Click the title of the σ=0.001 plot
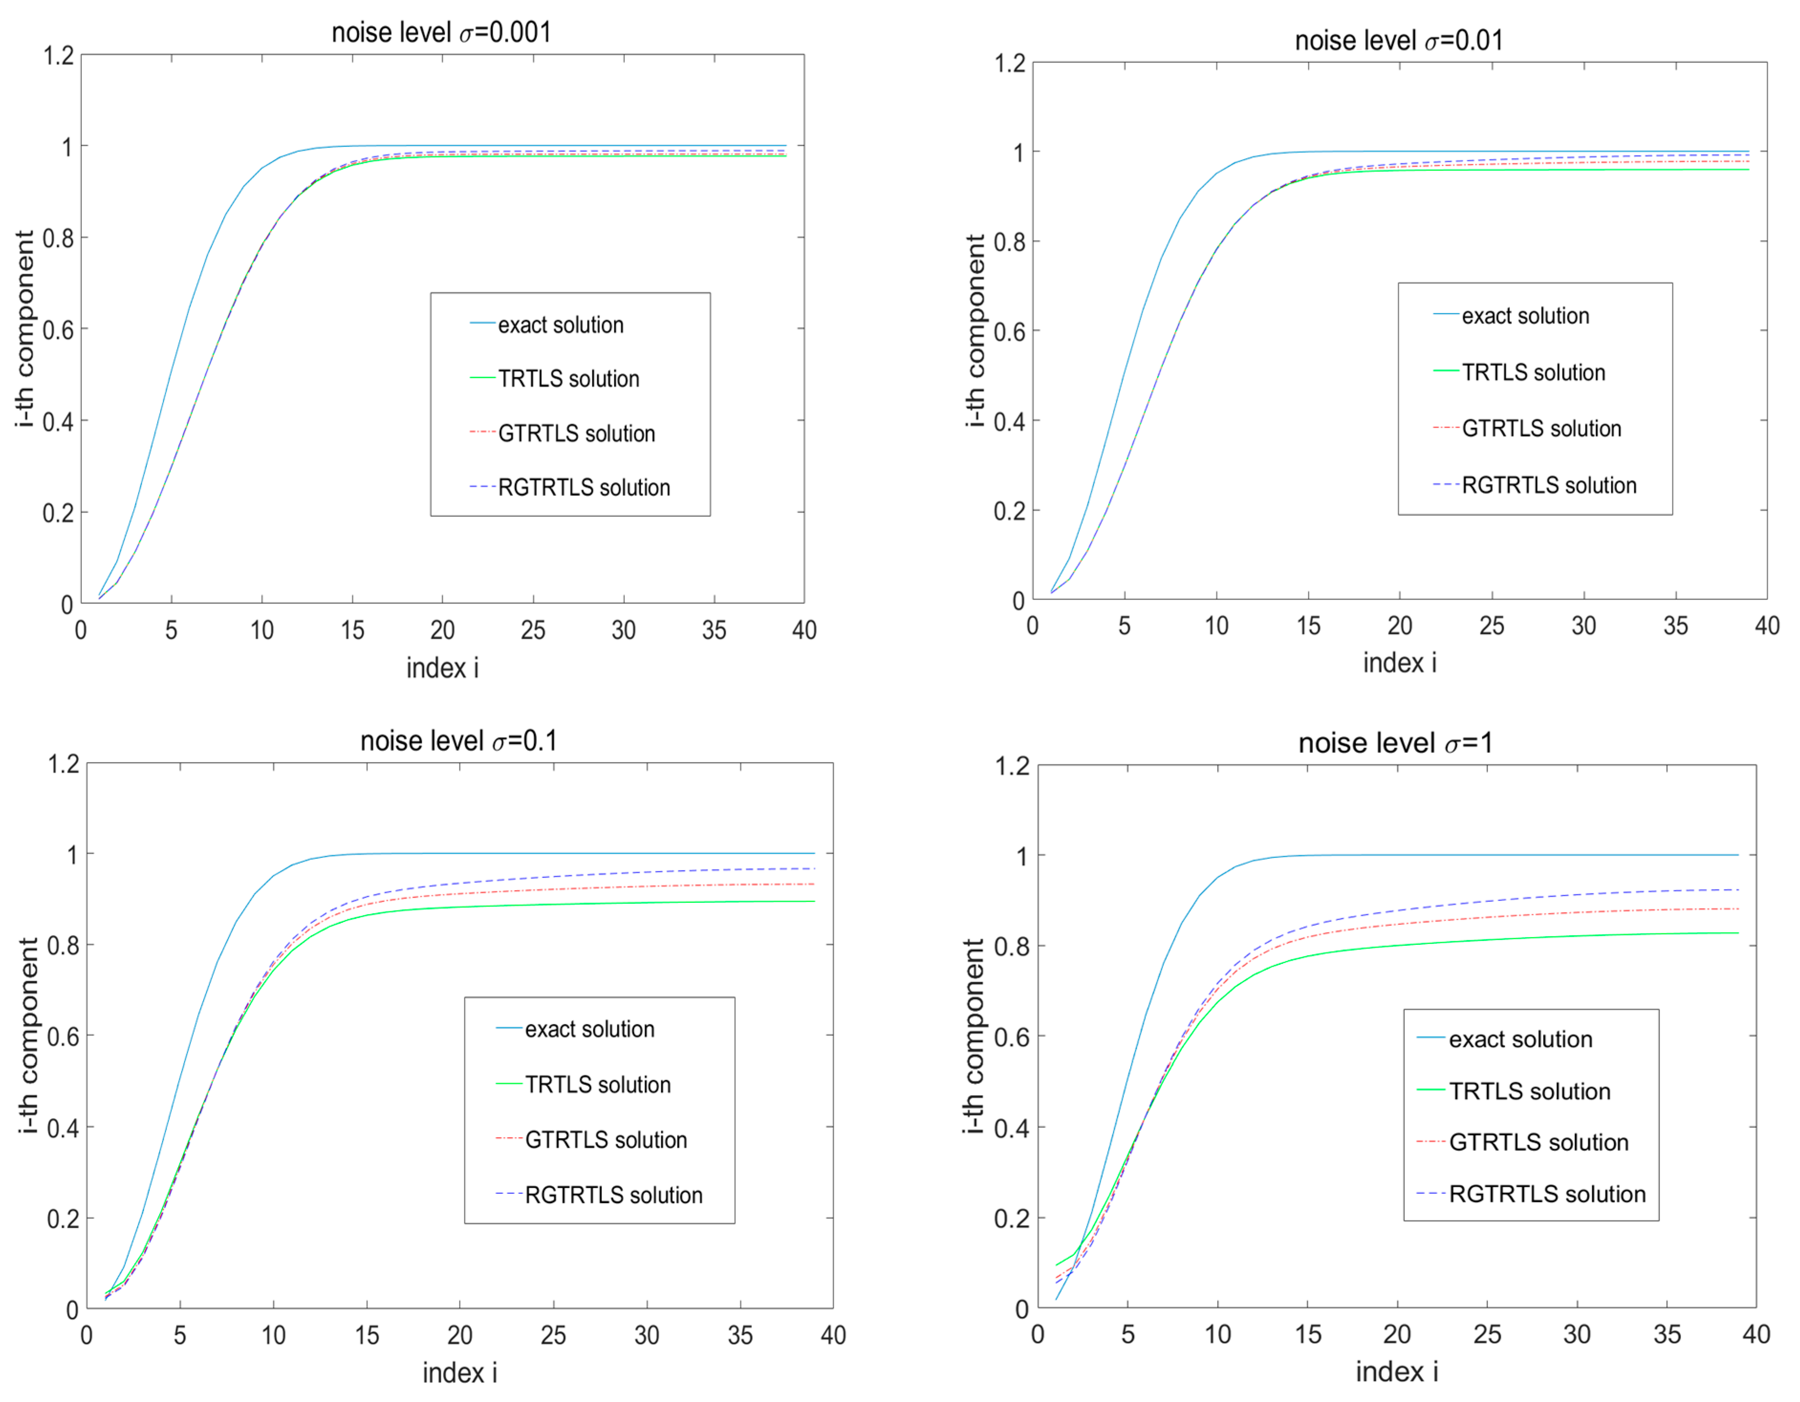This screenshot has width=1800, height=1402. coord(441,33)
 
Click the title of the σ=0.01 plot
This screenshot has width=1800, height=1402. coord(1399,40)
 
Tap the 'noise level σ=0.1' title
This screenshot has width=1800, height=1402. coord(458,740)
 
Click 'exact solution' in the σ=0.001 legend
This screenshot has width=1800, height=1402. coord(560,325)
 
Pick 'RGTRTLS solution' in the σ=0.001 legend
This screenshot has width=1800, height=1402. coord(583,488)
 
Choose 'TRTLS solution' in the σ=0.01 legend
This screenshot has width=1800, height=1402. coord(1533,372)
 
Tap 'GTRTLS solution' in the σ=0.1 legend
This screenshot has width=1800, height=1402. coord(606,1140)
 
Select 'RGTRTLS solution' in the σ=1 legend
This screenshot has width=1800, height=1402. coord(1547,1194)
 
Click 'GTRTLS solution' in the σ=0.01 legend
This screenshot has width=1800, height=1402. coord(1541,428)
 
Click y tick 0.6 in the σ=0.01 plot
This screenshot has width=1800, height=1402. coord(1009,332)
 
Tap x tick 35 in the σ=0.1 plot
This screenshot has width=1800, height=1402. coord(740,1335)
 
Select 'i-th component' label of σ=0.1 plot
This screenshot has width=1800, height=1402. coord(28,1036)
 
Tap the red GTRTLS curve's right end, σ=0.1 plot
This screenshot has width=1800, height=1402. coord(813,884)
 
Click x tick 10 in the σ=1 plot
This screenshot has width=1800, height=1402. coord(1218,1335)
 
